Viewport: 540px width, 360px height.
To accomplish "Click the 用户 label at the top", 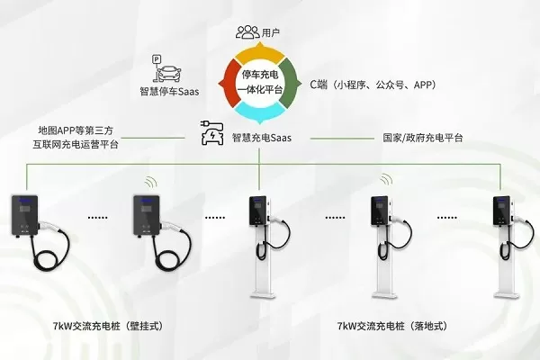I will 271,33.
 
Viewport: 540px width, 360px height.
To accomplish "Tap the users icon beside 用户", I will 247,32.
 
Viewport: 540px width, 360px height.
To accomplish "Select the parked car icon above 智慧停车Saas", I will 172,70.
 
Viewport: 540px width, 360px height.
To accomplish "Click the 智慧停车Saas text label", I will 171,91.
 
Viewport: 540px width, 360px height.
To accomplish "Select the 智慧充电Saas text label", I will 266,138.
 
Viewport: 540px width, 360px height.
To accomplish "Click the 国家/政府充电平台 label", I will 423,138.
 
